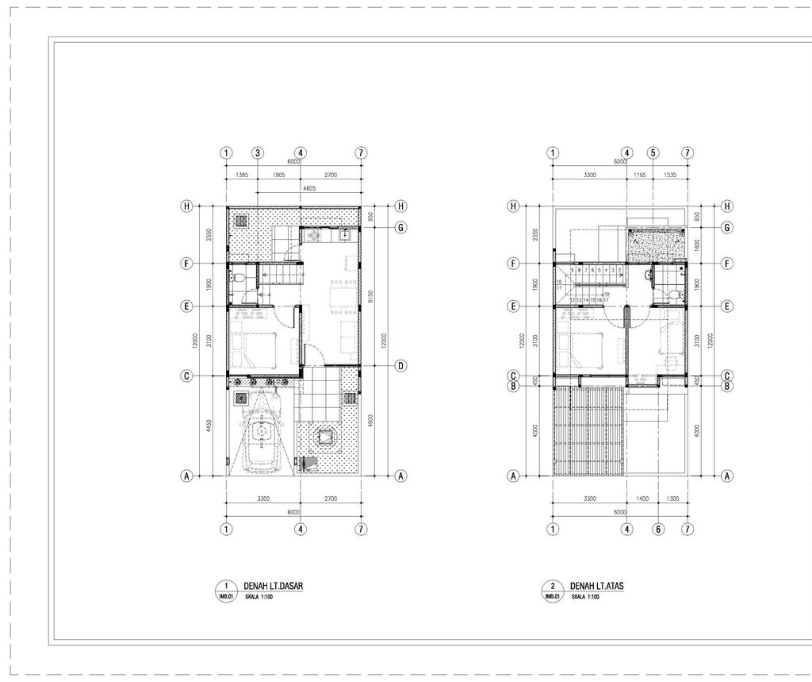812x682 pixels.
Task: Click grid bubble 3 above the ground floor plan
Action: pos(258,153)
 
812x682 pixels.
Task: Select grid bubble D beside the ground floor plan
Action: pos(401,366)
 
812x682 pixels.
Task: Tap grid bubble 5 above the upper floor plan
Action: pos(653,153)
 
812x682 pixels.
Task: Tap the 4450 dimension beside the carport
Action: pos(209,426)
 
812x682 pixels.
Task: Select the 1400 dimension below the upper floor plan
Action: pos(642,499)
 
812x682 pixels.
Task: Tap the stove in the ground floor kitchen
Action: pos(312,236)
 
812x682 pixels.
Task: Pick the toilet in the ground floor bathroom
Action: pos(237,279)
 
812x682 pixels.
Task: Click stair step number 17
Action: pos(606,300)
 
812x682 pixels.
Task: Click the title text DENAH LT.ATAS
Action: pos(596,586)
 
